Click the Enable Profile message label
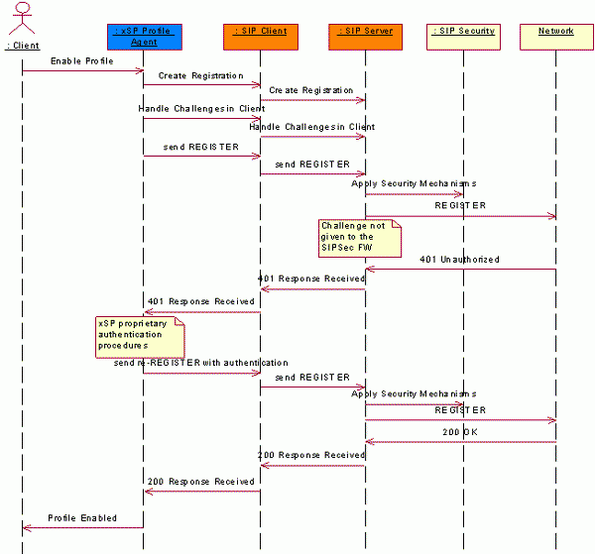82,60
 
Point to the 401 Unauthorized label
459,259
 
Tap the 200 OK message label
461,432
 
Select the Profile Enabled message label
82,517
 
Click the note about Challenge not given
359,237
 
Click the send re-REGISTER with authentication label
201,363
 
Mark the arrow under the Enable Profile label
82,70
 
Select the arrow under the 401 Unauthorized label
460,269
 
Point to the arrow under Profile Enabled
82,527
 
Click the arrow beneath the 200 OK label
460,442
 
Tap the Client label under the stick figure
22,46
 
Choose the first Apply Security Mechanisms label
414,183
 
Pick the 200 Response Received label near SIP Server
311,455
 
